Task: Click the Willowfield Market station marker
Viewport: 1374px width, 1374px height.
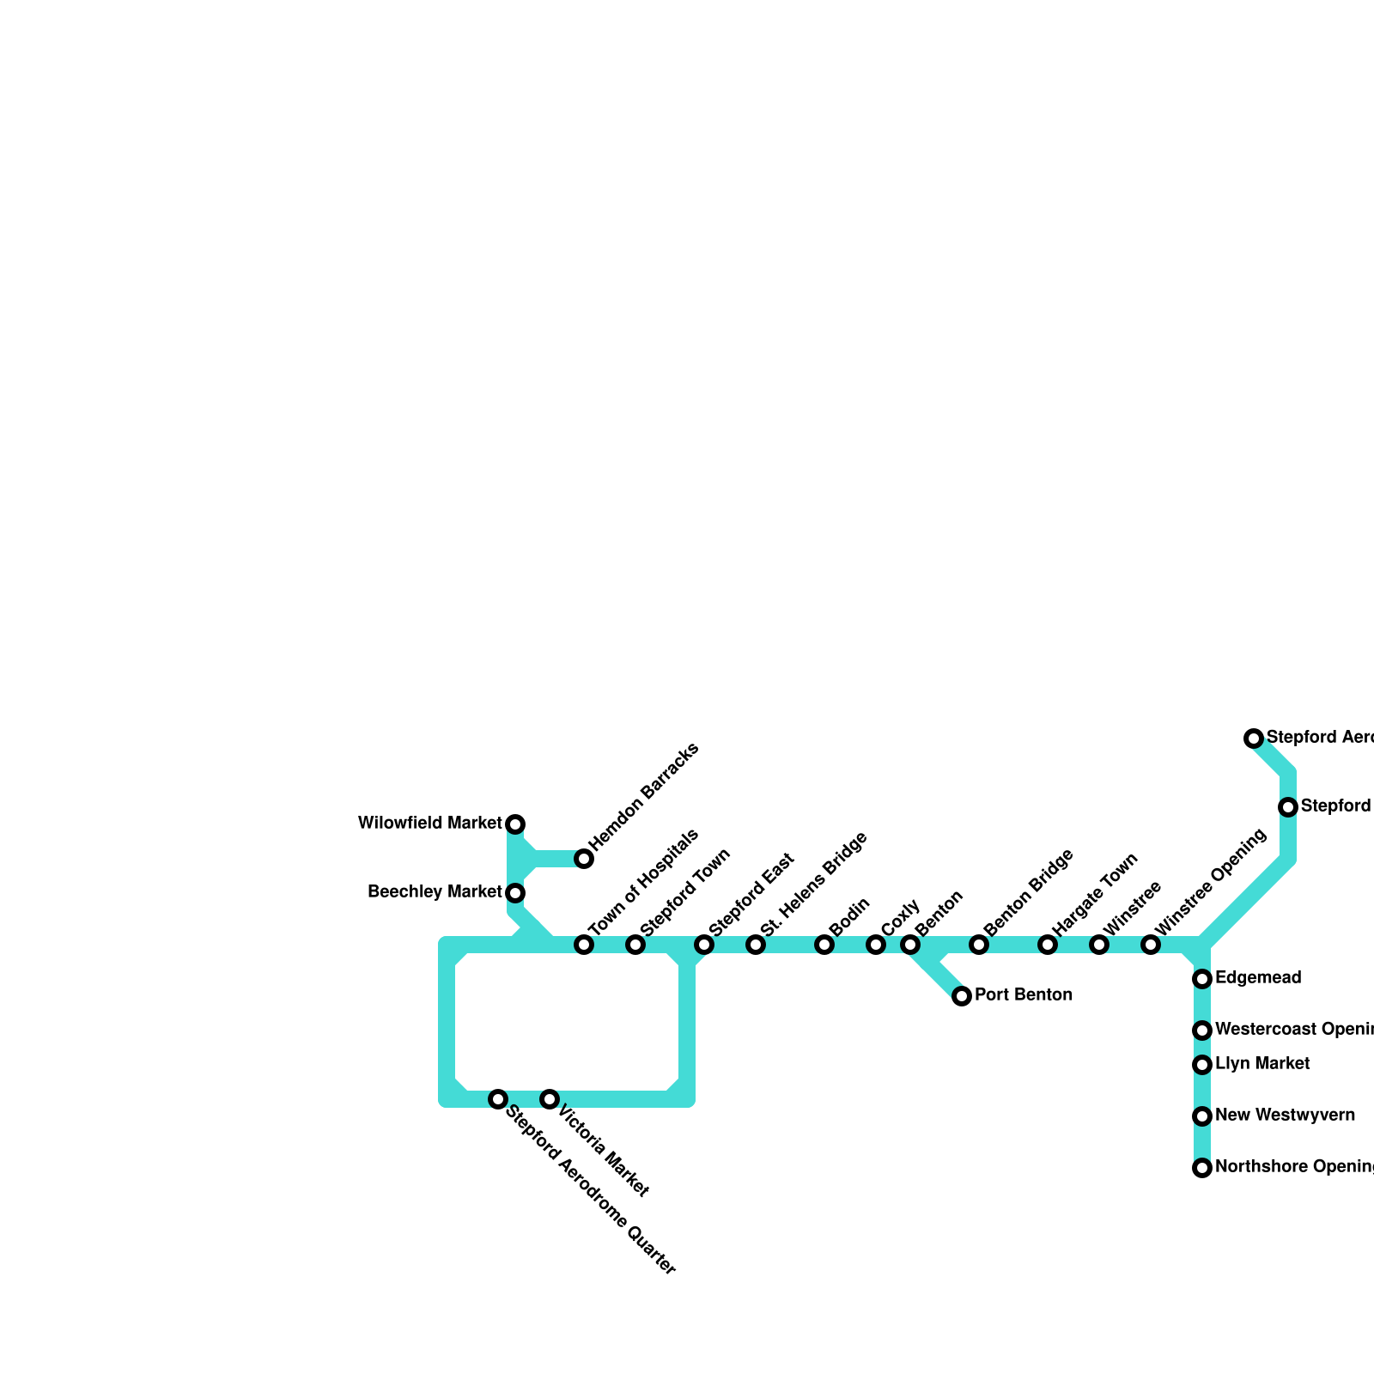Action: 515,824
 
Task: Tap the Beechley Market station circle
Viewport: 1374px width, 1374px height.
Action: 515,893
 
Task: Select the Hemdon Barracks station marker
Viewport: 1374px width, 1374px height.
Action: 584,859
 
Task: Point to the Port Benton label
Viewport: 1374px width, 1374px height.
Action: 1024,995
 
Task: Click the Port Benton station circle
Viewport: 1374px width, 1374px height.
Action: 962,996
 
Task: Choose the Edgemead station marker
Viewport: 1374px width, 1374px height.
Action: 1202,979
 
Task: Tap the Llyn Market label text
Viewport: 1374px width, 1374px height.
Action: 1262,1064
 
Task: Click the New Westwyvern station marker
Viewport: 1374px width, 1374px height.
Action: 1202,1116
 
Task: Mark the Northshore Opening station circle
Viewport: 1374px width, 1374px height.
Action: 1202,1168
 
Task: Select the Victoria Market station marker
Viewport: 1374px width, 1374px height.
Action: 550,1099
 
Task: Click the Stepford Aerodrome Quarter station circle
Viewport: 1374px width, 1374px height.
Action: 498,1099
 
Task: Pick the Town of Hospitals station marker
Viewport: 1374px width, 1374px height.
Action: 584,945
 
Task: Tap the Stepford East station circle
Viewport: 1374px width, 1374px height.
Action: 704,945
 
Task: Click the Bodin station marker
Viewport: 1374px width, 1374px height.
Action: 824,945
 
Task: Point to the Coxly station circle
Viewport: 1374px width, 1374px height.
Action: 876,945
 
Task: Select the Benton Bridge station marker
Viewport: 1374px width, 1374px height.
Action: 979,945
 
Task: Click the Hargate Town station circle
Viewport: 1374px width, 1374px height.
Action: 1048,945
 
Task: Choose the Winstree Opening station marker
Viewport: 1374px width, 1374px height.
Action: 1151,945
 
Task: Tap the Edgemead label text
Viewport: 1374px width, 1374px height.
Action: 1258,978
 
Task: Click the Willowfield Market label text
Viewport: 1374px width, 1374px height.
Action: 429,824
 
